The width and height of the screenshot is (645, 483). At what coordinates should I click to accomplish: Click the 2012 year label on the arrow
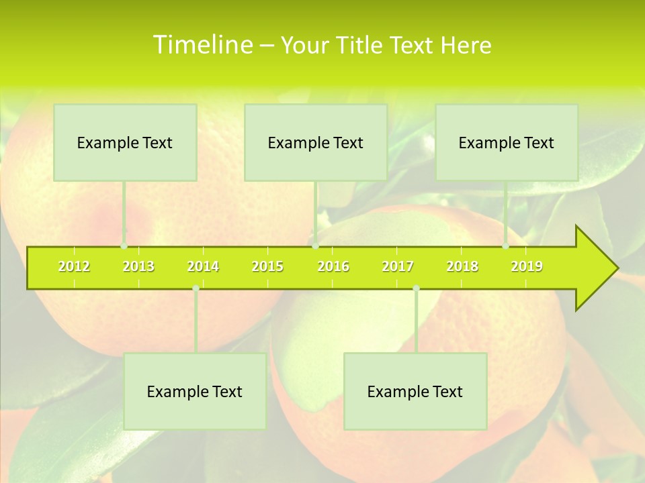(x=74, y=267)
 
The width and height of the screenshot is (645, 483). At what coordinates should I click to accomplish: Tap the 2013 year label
(x=138, y=267)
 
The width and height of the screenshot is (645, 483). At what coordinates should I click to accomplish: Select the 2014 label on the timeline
(x=203, y=267)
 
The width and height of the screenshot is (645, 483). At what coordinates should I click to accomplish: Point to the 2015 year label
(x=267, y=267)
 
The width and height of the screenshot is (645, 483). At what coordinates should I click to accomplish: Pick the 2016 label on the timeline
(x=333, y=267)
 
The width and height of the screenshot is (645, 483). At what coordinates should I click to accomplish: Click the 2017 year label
(x=398, y=267)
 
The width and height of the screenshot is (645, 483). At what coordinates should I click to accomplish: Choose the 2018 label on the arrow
(x=462, y=267)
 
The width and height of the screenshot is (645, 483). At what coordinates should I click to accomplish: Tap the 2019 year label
(x=527, y=267)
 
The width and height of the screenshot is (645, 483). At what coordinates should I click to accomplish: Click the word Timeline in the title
(x=202, y=45)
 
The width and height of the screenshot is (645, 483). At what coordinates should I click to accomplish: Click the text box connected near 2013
(x=125, y=142)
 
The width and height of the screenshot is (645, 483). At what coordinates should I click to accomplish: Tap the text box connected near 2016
(x=316, y=142)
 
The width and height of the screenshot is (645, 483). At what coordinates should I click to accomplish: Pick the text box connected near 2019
(x=507, y=142)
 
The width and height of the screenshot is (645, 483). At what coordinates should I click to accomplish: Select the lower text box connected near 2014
(x=195, y=391)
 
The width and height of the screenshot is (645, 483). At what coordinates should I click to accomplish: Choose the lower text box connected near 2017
(x=415, y=391)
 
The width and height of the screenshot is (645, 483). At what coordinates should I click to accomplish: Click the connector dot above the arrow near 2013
(x=124, y=246)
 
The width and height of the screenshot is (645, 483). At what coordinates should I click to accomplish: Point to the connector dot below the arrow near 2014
(x=196, y=288)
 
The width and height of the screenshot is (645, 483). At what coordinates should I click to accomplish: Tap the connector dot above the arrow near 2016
(x=315, y=246)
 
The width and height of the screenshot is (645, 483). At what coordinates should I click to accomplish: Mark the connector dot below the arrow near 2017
(x=416, y=288)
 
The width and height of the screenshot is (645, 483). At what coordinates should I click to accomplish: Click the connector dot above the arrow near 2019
(x=505, y=246)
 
